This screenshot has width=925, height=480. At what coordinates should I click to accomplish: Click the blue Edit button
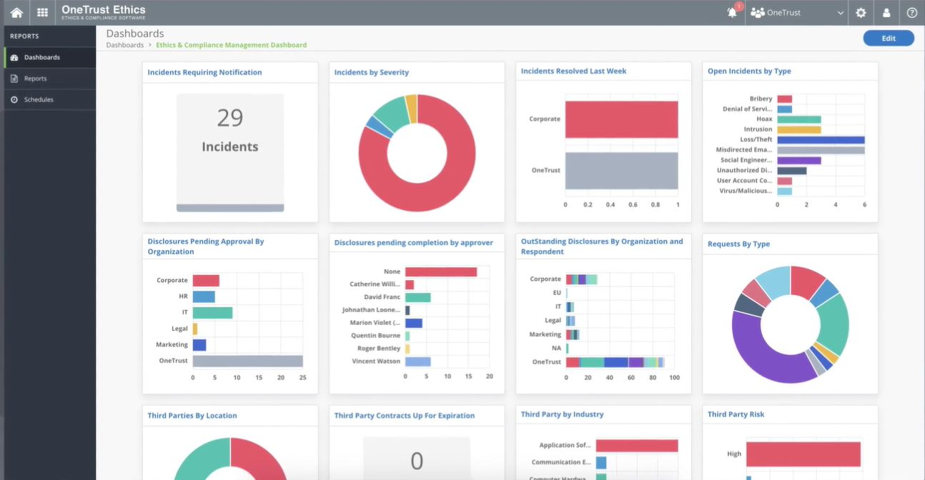click(x=888, y=39)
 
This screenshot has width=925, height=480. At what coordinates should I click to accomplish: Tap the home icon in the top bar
click(x=16, y=13)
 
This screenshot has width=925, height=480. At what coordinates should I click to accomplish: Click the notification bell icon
click(x=732, y=13)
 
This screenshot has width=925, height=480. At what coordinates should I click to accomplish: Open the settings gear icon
click(x=861, y=13)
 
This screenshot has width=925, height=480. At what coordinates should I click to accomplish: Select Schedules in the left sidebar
click(x=39, y=100)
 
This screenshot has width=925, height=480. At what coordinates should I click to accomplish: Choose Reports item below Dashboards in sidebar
click(x=35, y=79)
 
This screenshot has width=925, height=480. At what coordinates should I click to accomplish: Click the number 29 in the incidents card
click(x=230, y=118)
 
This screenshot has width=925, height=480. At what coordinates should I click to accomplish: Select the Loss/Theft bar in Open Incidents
click(x=821, y=140)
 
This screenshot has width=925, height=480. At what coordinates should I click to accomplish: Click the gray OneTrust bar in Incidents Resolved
click(x=621, y=171)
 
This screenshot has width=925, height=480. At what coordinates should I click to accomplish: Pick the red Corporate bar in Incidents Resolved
click(x=621, y=119)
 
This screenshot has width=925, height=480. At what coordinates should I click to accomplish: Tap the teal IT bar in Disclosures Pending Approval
click(x=212, y=313)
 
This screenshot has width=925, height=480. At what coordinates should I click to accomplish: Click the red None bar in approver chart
click(x=440, y=272)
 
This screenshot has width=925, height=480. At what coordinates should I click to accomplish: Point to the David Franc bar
click(x=417, y=297)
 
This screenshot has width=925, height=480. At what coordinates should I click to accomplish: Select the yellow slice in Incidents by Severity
click(x=411, y=107)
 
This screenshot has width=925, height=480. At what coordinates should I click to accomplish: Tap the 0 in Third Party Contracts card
click(x=417, y=461)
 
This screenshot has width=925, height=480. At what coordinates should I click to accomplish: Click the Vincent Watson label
click(x=376, y=361)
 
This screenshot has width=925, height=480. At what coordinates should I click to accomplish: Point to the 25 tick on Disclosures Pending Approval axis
click(x=302, y=377)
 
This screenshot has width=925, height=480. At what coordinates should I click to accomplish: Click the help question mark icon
click(x=911, y=13)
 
